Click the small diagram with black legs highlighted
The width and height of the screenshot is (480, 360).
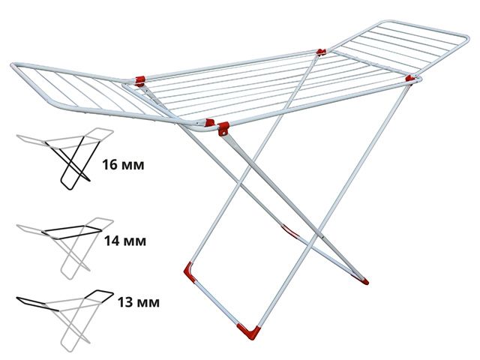[64, 157]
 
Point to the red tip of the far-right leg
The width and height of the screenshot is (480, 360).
[364, 282]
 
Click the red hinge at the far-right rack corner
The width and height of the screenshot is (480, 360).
[409, 77]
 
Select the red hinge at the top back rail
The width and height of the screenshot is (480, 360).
[321, 52]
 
